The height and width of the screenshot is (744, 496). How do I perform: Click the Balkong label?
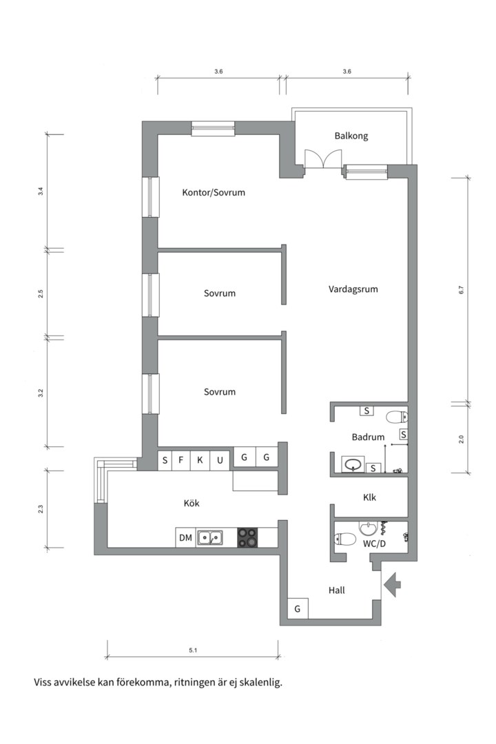(351, 136)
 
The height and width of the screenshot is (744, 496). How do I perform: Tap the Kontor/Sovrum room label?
(214, 192)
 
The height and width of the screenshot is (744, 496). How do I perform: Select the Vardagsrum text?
(353, 289)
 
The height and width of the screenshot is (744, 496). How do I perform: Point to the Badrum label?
(368, 437)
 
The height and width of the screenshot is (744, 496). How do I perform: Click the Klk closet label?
(369, 497)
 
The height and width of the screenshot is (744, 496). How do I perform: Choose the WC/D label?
(373, 543)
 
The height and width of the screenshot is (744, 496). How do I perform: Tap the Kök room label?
(192, 504)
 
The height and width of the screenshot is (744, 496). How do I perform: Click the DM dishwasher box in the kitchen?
(185, 537)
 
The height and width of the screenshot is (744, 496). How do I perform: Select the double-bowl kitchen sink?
(209, 537)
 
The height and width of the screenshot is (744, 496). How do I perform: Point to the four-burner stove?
(247, 537)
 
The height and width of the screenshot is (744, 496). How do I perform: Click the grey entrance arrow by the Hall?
(393, 584)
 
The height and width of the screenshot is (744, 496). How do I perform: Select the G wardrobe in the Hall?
(298, 609)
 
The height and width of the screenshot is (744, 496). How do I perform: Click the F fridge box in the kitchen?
(181, 460)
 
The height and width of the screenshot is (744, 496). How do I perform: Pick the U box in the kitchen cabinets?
(220, 460)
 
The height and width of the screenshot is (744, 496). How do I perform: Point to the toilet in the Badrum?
(396, 416)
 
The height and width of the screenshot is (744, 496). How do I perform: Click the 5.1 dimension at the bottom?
(192, 650)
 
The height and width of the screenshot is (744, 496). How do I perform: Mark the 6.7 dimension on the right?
(462, 290)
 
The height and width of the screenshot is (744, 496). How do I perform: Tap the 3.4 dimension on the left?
(41, 192)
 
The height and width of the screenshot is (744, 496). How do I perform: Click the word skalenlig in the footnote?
(258, 683)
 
